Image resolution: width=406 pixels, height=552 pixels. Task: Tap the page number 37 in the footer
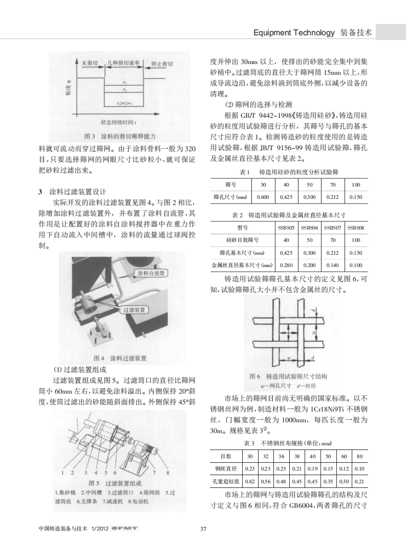coord(203,528)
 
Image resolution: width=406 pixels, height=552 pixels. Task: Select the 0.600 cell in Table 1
coord(263,197)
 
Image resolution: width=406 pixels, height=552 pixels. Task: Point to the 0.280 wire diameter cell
coord(286,265)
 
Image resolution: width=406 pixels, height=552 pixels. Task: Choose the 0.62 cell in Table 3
coord(250,481)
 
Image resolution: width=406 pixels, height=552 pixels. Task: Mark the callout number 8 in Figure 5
coord(167,472)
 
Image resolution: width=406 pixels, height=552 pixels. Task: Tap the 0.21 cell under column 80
coord(359,481)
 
